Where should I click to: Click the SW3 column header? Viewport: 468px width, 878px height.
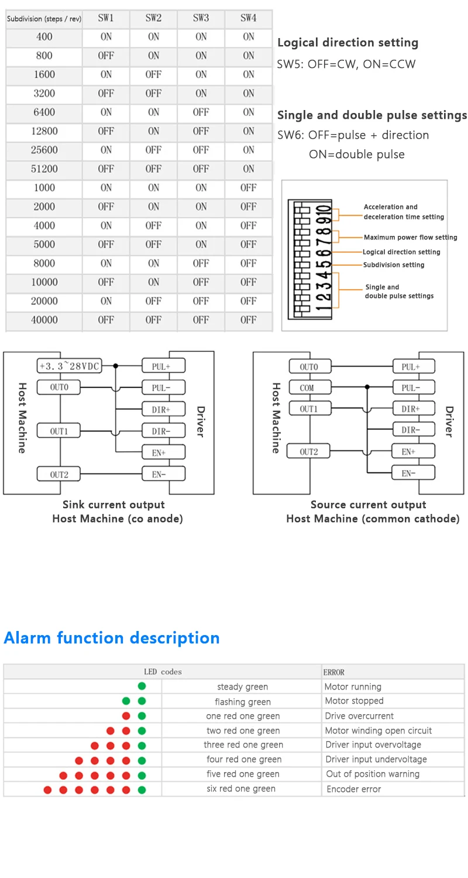201,18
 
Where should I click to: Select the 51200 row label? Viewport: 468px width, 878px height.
44,169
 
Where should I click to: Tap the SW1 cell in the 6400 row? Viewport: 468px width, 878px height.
106,112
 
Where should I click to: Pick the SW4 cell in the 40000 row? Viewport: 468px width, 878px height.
249,320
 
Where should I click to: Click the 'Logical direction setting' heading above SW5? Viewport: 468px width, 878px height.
347,43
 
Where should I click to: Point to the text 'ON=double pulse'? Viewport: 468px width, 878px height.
356,155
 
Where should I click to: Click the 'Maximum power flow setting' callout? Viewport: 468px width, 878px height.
410,238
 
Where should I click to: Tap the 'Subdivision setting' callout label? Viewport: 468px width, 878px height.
394,265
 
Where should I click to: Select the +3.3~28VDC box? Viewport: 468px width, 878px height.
69,366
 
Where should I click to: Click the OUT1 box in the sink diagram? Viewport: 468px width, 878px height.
58,431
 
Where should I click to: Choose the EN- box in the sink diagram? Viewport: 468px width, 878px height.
164,474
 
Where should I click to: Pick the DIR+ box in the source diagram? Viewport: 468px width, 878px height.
413,409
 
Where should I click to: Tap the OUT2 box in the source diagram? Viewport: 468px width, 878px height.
308,452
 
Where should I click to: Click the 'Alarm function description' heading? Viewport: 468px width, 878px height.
112,638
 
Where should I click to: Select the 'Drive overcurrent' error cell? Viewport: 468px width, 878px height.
359,716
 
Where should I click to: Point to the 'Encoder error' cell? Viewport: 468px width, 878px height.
353,789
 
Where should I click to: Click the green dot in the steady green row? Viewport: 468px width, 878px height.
142,686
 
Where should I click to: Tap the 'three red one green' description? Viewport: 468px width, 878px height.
243,745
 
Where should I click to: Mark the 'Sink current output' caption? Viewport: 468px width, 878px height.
113,505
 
